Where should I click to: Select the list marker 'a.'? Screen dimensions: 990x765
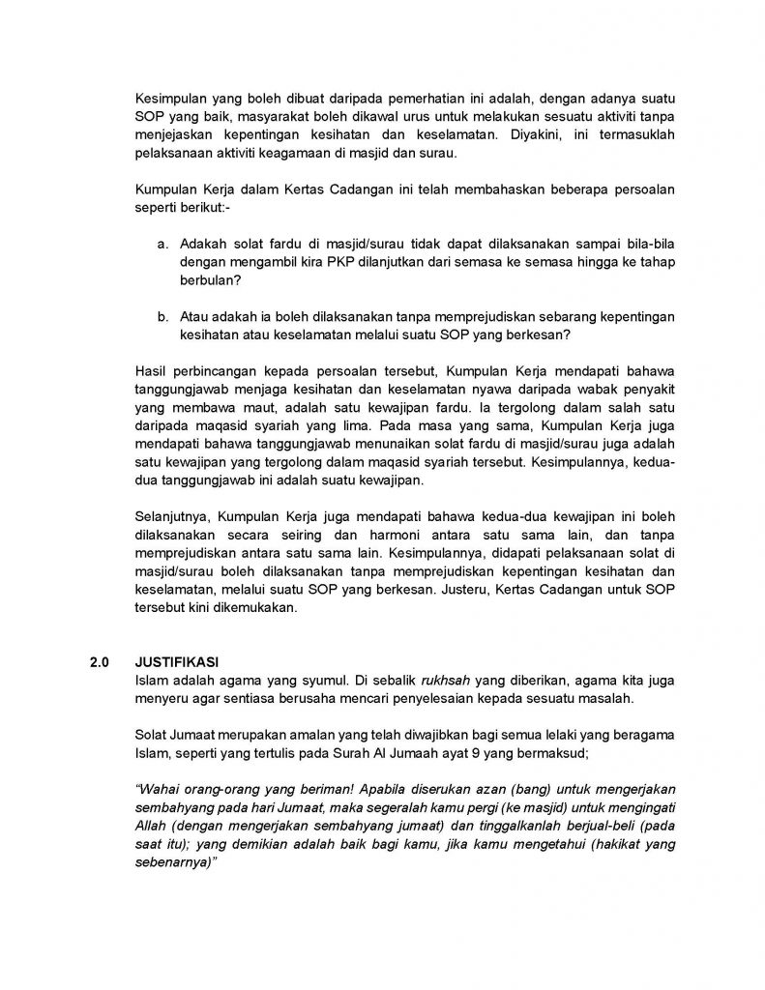163,245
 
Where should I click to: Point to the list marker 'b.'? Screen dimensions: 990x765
163,316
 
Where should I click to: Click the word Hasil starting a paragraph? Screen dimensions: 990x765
154,371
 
